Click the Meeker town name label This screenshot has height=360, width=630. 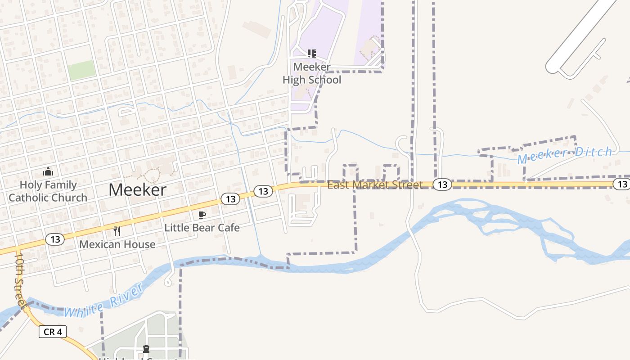[137, 190]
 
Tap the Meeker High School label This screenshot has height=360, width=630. [312, 73]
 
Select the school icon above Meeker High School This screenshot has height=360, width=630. [311, 54]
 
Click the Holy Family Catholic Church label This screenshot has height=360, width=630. [48, 191]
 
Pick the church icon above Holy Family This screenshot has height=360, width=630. [48, 171]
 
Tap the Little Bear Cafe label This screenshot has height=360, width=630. [202, 227]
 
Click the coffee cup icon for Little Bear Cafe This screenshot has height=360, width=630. [202, 215]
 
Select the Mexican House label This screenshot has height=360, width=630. [117, 244]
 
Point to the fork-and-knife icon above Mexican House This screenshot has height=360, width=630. [117, 231]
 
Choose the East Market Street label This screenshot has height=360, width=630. [375, 184]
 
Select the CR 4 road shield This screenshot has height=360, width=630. [53, 332]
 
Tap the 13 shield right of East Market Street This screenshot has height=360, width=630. [443, 184]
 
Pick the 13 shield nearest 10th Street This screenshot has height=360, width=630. [55, 239]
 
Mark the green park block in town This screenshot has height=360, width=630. [81, 70]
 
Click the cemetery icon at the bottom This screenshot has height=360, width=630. [146, 349]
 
